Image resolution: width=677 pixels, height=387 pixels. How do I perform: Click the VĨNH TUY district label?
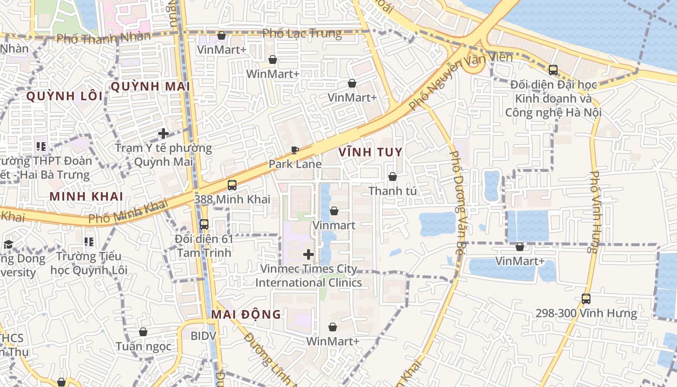pyautogui.click(x=370, y=152)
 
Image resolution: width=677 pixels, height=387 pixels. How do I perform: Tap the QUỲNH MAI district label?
pyautogui.click(x=143, y=87)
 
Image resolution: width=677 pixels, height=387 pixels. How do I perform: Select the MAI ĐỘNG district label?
pyautogui.click(x=246, y=314)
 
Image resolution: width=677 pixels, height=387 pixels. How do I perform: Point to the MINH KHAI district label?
pyautogui.click(x=87, y=196)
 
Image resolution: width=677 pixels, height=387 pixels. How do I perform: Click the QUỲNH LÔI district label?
pyautogui.click(x=64, y=96)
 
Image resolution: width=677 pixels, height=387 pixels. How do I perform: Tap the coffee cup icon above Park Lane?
pyautogui.click(x=294, y=150)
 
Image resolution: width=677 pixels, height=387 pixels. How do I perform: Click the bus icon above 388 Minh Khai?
pyautogui.click(x=232, y=185)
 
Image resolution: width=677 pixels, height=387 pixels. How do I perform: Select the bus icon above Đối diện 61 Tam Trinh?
pyautogui.click(x=204, y=224)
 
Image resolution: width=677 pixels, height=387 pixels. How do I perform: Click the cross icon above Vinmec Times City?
pyautogui.click(x=309, y=254)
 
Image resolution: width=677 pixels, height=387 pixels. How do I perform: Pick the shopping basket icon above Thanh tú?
pyautogui.click(x=393, y=177)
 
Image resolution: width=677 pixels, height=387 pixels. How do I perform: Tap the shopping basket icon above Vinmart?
pyautogui.click(x=334, y=211)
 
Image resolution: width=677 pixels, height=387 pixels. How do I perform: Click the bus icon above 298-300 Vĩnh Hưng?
pyautogui.click(x=586, y=299)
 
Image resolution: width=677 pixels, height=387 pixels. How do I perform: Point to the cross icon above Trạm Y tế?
pyautogui.click(x=163, y=134)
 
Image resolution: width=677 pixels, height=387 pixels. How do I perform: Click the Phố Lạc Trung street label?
pyautogui.click(x=302, y=34)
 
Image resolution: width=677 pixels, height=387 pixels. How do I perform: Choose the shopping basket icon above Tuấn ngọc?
pyautogui.click(x=143, y=332)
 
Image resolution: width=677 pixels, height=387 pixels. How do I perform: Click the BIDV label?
pyautogui.click(x=203, y=335)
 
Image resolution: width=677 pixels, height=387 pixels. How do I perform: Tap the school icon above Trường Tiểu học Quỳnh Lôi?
pyautogui.click(x=89, y=241)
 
